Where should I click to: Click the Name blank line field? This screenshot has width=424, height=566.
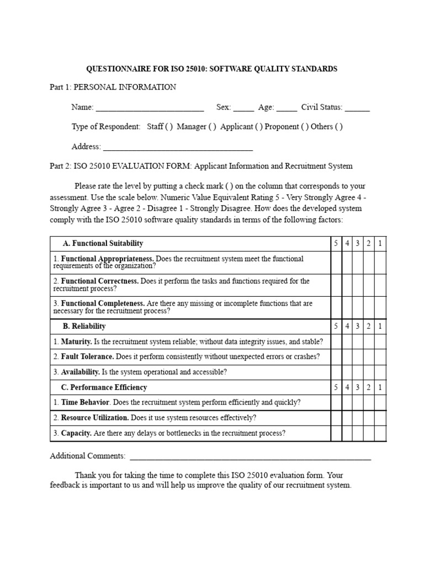click(x=150, y=108)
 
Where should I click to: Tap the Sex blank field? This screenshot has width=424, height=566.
click(x=243, y=108)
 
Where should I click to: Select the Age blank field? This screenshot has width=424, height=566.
click(x=287, y=108)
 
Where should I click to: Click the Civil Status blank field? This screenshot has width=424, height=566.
click(x=357, y=108)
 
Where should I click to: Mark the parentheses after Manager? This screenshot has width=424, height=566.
click(x=212, y=127)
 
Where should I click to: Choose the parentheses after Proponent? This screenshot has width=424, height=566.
click(x=305, y=127)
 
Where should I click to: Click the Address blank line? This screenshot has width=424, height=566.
click(x=178, y=148)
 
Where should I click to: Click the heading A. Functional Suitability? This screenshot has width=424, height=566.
click(x=103, y=243)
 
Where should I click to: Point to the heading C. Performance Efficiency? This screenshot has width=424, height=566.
click(x=104, y=387)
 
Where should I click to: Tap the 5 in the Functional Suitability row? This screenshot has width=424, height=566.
click(x=336, y=243)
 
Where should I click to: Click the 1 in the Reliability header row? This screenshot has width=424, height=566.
click(x=380, y=326)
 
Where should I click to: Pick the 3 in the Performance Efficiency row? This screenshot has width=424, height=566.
click(x=358, y=387)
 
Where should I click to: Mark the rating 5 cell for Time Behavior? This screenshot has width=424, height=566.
click(x=336, y=402)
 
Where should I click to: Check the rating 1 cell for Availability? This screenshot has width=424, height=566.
click(x=380, y=371)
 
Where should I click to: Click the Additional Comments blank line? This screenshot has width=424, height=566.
click(x=250, y=457)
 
